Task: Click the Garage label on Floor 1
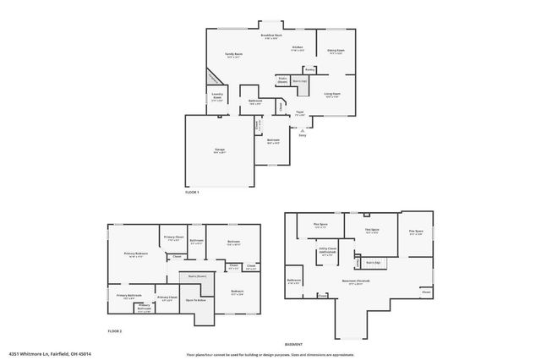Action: point(219,150)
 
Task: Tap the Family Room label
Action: point(233,55)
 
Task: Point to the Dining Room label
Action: point(336,51)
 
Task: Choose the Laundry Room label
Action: point(217,97)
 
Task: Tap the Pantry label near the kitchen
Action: point(310,69)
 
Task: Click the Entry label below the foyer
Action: point(303,134)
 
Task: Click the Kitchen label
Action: point(298,48)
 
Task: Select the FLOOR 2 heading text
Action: point(115,330)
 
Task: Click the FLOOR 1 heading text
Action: point(192,193)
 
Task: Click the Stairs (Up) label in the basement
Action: point(373,262)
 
